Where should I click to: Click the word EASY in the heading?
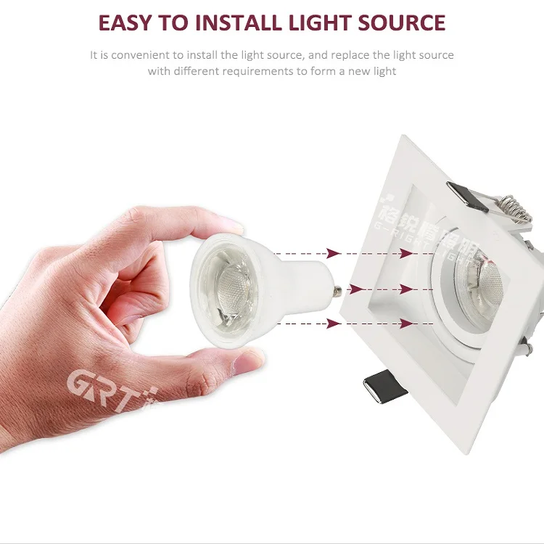(126, 22)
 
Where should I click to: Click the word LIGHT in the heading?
(317, 22)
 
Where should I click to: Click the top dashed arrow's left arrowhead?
(333, 253)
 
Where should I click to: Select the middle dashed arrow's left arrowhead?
(333, 289)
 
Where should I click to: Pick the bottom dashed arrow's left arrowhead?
(333, 322)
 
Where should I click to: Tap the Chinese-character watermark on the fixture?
(435, 218)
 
